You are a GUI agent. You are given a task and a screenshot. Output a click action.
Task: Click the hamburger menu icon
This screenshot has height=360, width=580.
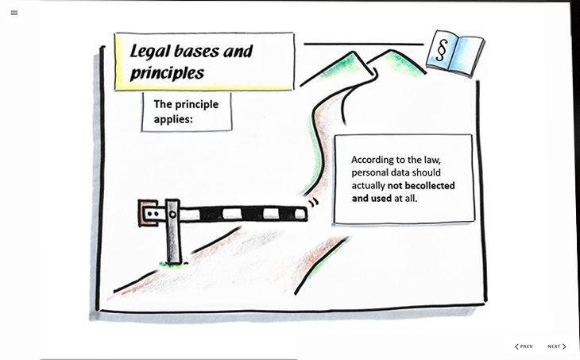click(14, 13)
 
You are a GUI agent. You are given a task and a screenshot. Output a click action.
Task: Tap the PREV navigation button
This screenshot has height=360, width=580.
click(524, 346)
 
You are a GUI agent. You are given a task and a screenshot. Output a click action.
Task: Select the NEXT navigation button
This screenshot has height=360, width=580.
click(557, 346)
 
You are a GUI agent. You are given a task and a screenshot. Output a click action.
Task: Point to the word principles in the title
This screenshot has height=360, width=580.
click(168, 73)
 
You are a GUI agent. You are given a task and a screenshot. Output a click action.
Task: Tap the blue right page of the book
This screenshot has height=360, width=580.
click(465, 57)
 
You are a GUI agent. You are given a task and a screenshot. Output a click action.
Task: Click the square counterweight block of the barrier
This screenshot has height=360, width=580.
click(149, 214)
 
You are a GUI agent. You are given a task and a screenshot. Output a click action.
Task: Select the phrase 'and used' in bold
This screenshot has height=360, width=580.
click(372, 198)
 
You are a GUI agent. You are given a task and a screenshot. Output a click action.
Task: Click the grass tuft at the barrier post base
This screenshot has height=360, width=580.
click(170, 262)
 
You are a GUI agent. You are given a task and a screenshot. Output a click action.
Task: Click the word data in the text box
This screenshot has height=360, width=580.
click(407, 172)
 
